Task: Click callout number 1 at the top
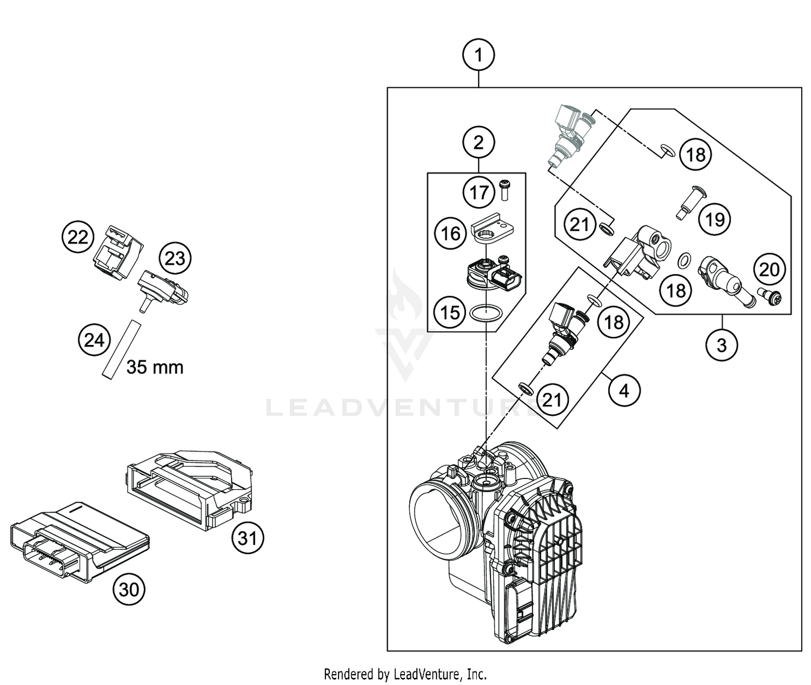point(478,55)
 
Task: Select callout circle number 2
point(478,143)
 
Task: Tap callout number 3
point(722,344)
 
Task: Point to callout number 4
point(624,390)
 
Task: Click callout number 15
point(450,312)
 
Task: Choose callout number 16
point(450,234)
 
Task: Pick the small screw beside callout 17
point(506,190)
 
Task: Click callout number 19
point(715,220)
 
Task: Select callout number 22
point(77,237)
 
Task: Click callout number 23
point(175,258)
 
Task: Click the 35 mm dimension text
point(155,367)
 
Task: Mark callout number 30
point(129,589)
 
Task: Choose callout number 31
point(248,538)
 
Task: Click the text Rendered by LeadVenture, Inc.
point(405,674)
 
